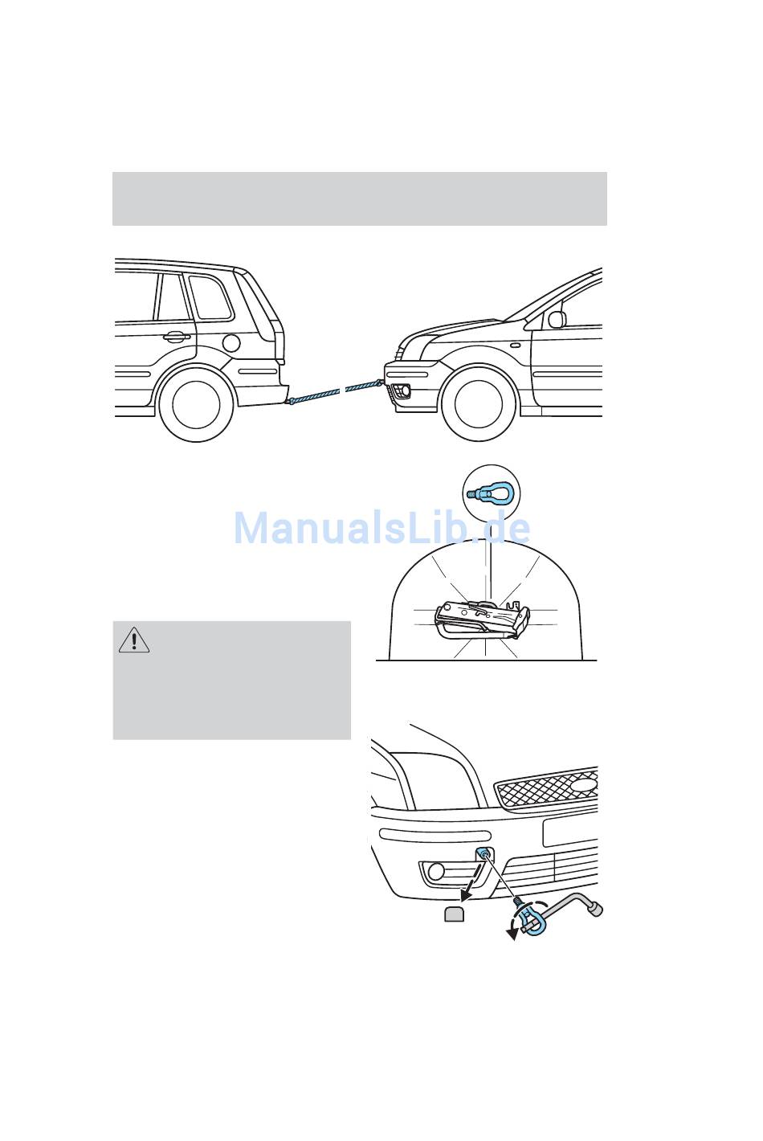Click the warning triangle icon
[x=134, y=640]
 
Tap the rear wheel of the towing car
[x=196, y=404]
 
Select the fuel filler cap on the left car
[x=231, y=343]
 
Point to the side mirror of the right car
[x=557, y=319]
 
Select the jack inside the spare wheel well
[x=482, y=620]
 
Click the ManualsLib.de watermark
[x=381, y=528]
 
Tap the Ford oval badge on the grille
[x=583, y=785]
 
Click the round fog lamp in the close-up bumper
[x=436, y=872]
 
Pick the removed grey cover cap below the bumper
[x=455, y=914]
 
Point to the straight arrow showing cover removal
[x=471, y=883]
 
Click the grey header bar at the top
[x=359, y=198]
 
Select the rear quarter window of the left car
[x=210, y=297]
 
